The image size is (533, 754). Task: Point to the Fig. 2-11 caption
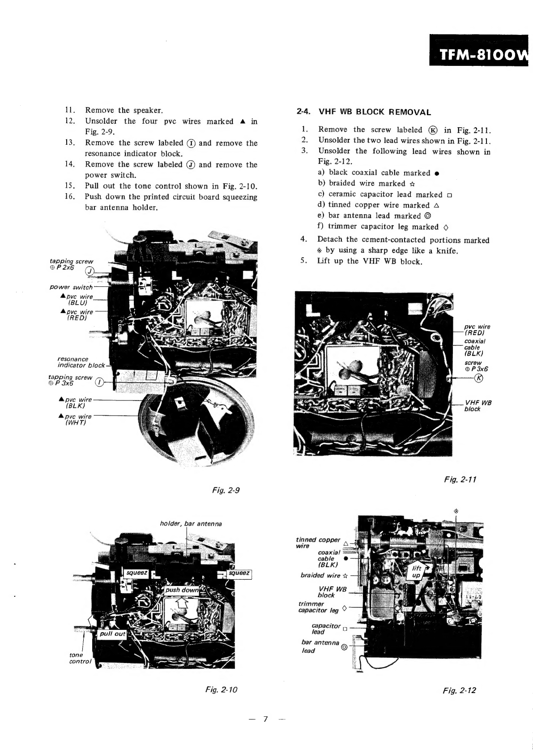(x=460, y=479)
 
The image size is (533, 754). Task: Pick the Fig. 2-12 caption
(x=459, y=690)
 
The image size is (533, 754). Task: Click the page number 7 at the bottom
(x=266, y=719)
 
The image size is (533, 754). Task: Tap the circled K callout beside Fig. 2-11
(x=478, y=378)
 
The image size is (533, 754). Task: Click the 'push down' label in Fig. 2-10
(x=182, y=590)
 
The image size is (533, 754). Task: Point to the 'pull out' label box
(x=113, y=634)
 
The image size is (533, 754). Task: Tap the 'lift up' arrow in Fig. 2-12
(x=417, y=572)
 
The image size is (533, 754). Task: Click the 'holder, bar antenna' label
(x=191, y=524)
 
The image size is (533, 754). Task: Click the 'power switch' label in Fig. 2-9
(x=71, y=287)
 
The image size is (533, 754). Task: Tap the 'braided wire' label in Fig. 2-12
(x=320, y=576)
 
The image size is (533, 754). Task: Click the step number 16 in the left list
(x=70, y=196)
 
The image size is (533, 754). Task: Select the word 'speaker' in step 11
(x=148, y=110)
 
